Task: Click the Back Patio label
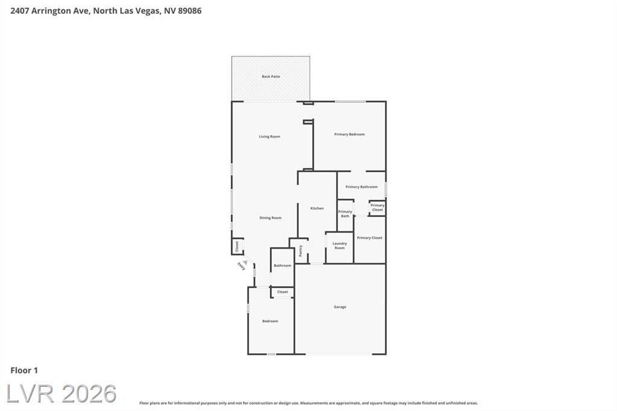tap(271, 77)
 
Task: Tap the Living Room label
tap(269, 137)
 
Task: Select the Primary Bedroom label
tap(349, 134)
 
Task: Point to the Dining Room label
tap(271, 218)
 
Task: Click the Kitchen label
tap(317, 209)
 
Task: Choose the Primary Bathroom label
tap(362, 187)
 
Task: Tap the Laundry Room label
tap(339, 246)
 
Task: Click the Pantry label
tap(300, 251)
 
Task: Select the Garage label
tap(340, 307)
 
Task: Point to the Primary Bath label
tap(345, 214)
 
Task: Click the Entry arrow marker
tap(245, 262)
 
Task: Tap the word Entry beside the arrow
tap(241, 266)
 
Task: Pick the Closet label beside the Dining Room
tap(237, 246)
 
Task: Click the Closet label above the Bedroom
tap(283, 292)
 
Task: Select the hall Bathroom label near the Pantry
tap(283, 265)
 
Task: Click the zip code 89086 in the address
tap(190, 11)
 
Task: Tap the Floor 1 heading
tap(24, 370)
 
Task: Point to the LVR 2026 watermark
tap(61, 394)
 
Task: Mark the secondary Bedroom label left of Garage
tap(270, 321)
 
